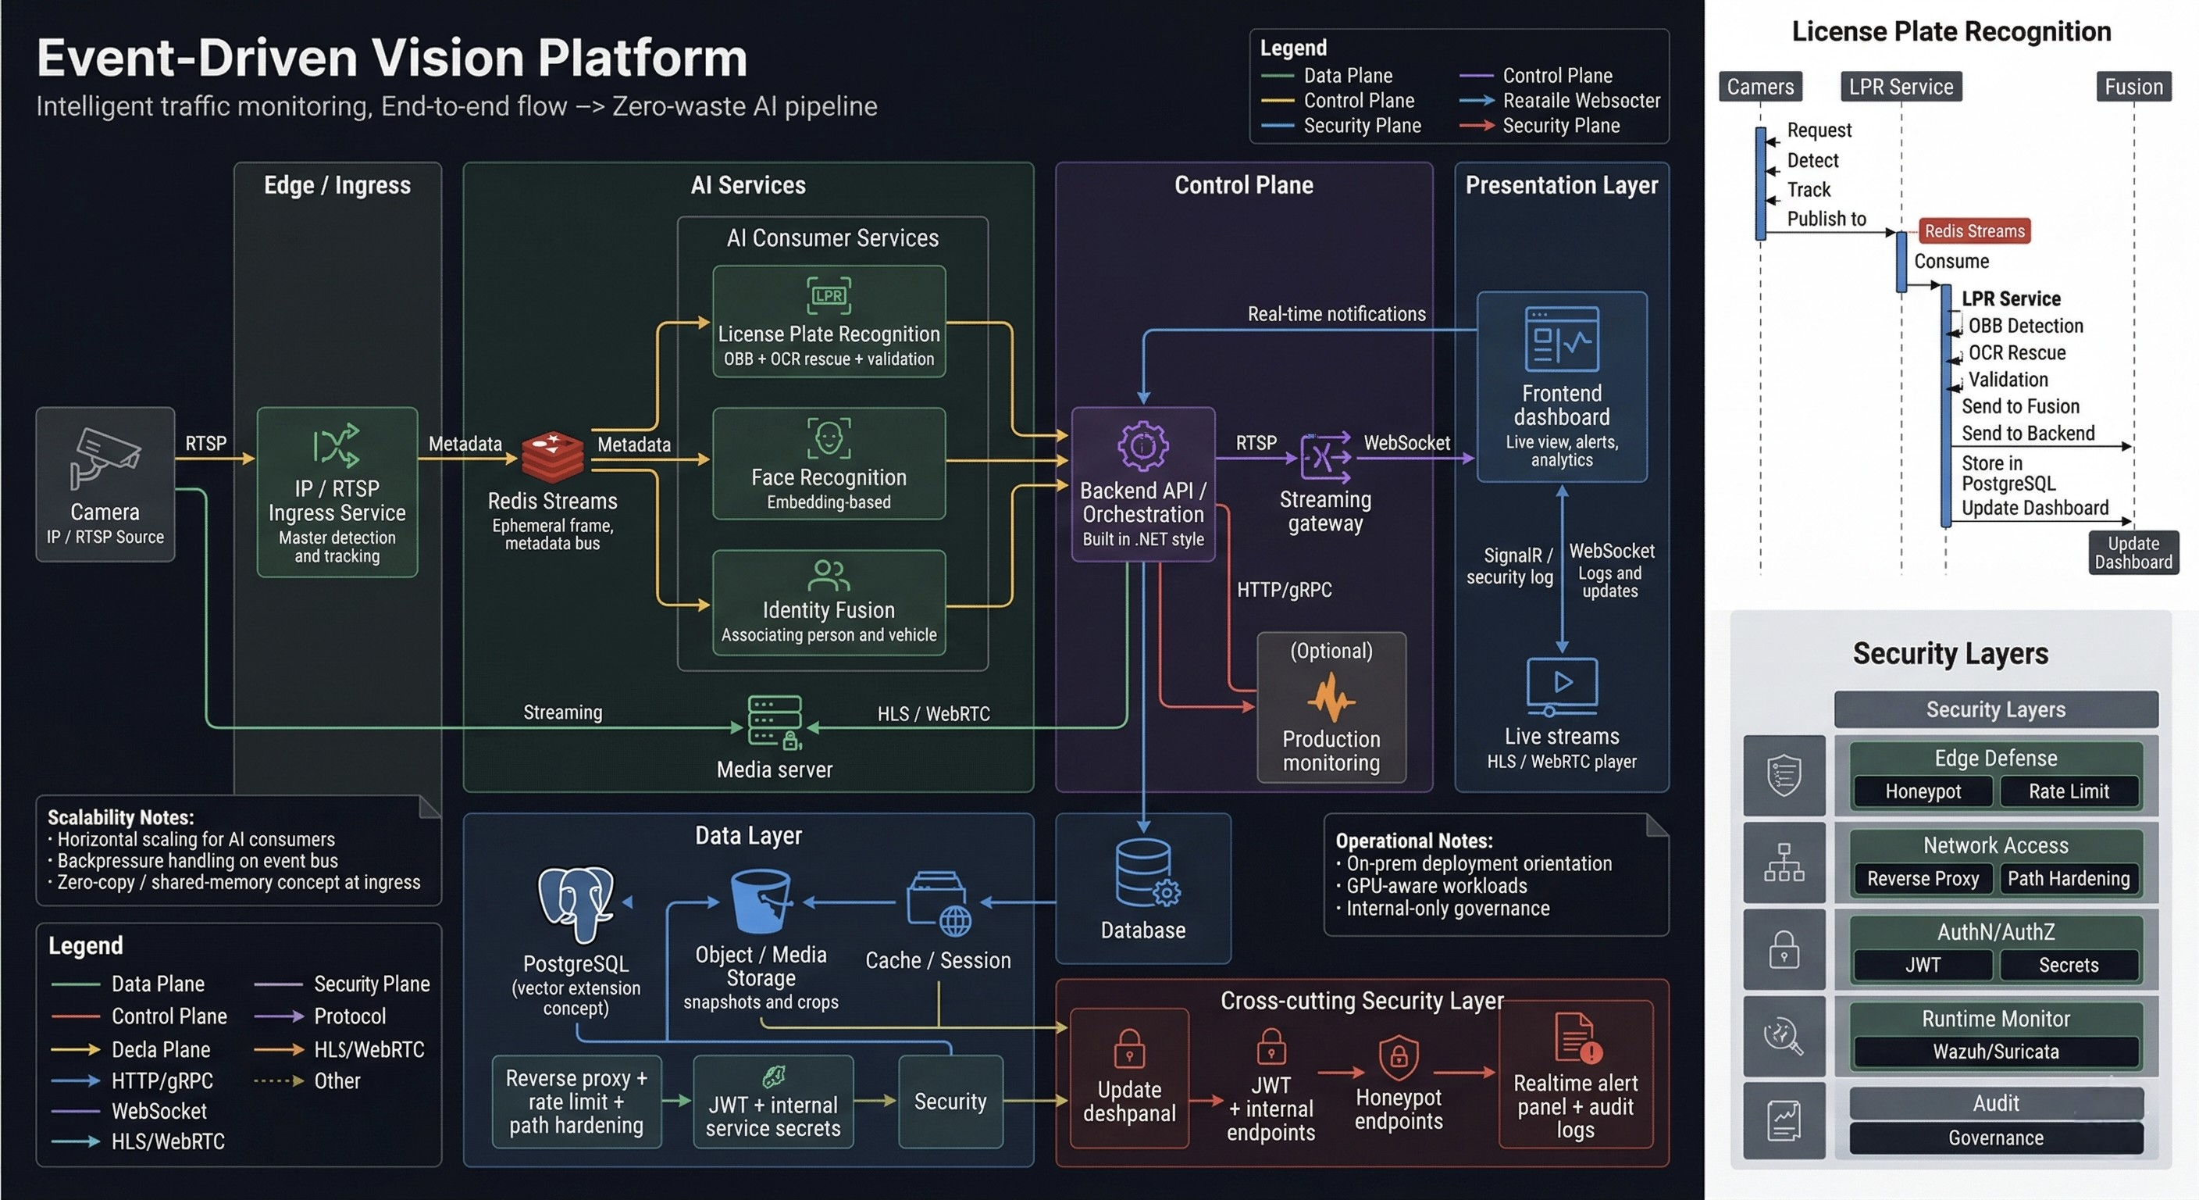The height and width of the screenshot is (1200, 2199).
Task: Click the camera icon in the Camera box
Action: pos(104,457)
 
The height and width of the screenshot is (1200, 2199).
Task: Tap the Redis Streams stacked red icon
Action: pos(552,457)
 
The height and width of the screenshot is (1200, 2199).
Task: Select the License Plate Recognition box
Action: pos(829,322)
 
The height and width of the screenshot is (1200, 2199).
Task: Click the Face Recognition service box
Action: pos(829,464)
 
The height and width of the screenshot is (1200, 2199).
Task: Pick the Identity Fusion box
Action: pos(829,603)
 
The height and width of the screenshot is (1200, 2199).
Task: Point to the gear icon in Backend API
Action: pos(1143,445)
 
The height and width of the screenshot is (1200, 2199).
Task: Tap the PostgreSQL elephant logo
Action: pos(576,904)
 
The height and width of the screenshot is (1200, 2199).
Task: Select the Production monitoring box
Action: pos(1331,707)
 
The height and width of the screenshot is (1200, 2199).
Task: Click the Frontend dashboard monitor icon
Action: pos(1561,339)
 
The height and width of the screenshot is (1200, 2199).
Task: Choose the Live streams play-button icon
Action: pos(1561,685)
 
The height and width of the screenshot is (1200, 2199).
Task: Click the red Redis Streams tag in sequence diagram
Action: pos(1973,231)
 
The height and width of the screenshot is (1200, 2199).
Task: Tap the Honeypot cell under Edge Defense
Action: pos(1923,791)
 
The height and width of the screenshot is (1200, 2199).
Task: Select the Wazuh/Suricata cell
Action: pos(1995,1052)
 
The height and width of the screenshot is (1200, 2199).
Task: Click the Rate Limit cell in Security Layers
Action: pos(2069,791)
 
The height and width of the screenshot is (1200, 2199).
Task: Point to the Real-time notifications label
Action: pos(1336,314)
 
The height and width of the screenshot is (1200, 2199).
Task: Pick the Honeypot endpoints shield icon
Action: pos(1399,1057)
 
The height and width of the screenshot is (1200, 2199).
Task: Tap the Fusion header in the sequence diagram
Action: pos(2133,87)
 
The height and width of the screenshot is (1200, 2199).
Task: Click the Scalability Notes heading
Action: pos(120,817)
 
